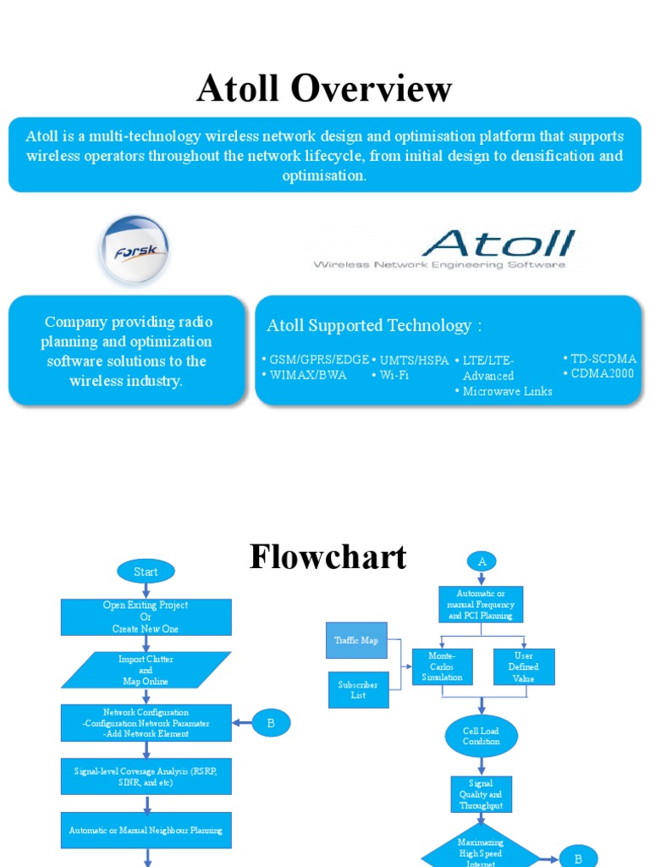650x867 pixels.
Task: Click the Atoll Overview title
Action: [324, 89]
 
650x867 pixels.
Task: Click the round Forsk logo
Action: [134, 250]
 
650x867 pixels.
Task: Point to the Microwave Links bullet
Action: [506, 391]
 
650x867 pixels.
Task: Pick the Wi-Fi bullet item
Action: [393, 375]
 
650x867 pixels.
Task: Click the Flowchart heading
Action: [328, 556]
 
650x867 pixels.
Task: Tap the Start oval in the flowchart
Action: [146, 572]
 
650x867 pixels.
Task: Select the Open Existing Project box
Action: [146, 617]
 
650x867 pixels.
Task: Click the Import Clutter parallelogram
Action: [146, 670]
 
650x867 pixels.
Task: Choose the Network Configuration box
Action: [146, 723]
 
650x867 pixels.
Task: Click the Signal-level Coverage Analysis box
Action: [146, 776]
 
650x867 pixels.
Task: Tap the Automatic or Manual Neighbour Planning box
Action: [146, 830]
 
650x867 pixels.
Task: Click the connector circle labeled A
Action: [481, 561]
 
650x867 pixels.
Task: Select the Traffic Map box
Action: [356, 641]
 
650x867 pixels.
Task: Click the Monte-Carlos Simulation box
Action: [442, 666]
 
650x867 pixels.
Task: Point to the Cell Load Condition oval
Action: [481, 736]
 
